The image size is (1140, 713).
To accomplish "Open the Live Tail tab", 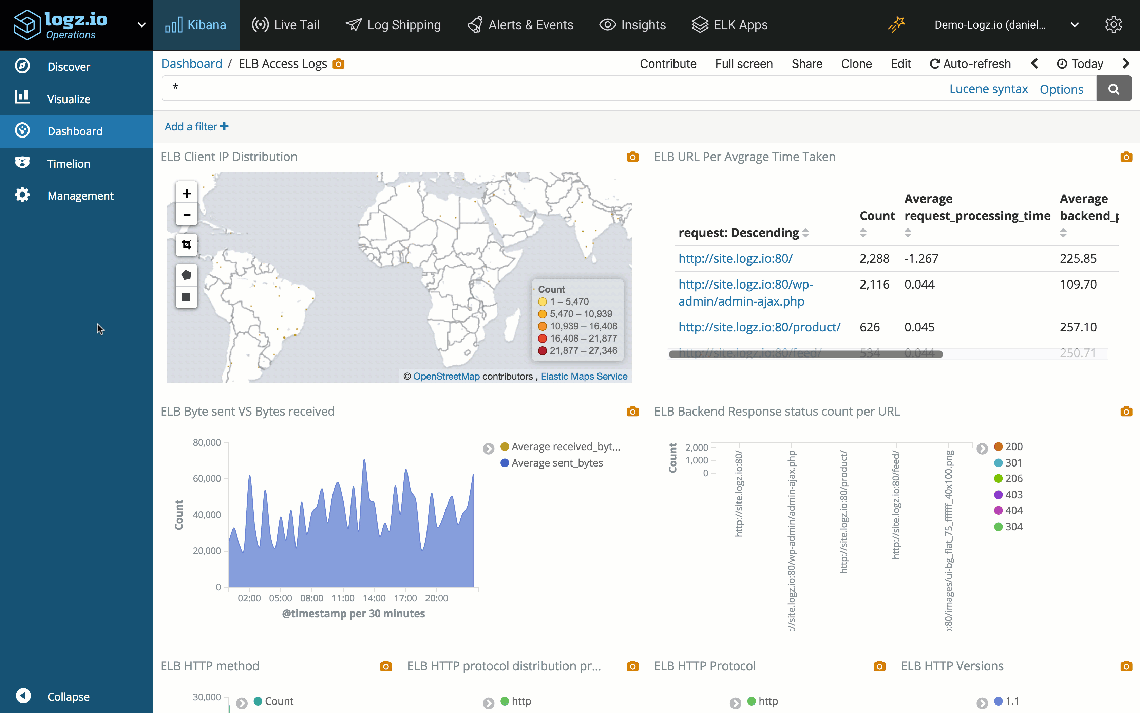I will (x=286, y=25).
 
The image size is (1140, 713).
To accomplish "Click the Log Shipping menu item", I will (x=393, y=25).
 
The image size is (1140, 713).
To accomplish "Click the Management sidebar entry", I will (x=80, y=196).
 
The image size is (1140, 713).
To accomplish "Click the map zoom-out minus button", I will (x=187, y=215).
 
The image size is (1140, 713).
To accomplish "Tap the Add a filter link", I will (x=196, y=126).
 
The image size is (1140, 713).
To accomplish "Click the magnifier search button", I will (x=1113, y=89).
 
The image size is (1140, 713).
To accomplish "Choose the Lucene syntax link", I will (x=988, y=89).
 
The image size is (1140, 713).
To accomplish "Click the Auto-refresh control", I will (x=970, y=64).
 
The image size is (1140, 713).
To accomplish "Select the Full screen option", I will (x=743, y=64).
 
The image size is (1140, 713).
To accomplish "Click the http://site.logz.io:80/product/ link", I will (x=759, y=327).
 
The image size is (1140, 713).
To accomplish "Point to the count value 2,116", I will (x=874, y=285).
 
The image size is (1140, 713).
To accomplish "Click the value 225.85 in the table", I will (x=1078, y=258).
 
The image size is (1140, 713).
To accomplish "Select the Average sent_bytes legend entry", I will (x=557, y=462).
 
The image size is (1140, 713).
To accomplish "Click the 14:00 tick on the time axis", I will (x=374, y=598).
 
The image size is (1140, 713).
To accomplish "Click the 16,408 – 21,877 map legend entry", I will (x=583, y=338).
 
